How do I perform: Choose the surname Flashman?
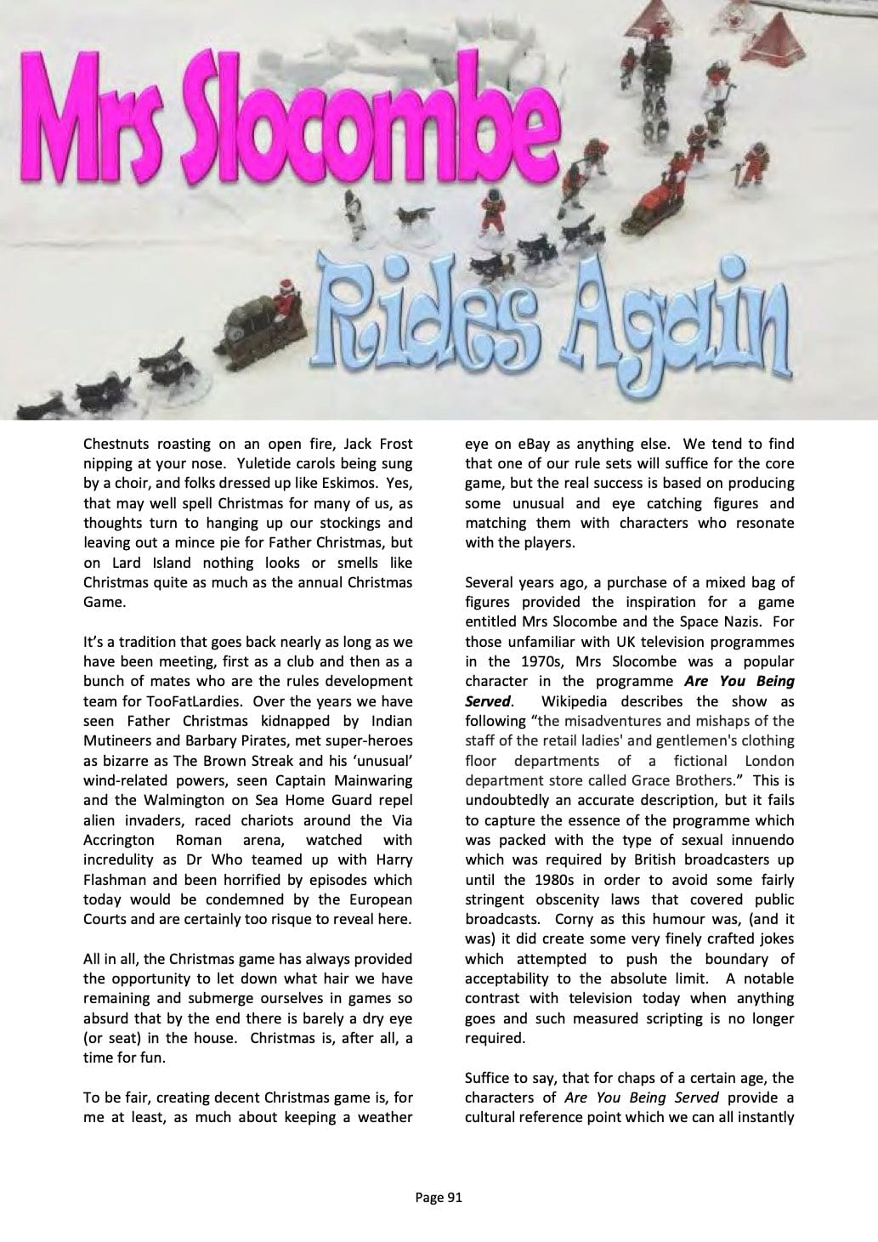tap(116, 879)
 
